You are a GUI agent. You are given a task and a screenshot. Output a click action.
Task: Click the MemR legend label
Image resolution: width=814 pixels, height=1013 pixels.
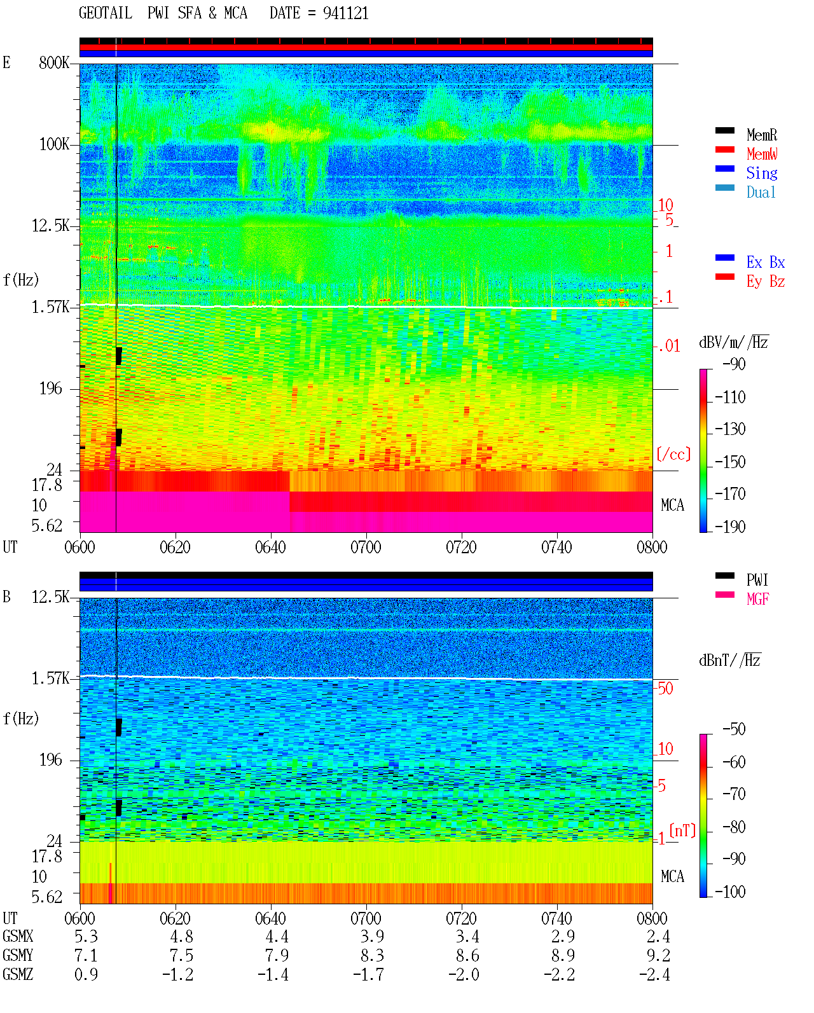761,135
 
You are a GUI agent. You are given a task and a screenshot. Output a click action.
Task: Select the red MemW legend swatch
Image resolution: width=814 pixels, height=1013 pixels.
724,149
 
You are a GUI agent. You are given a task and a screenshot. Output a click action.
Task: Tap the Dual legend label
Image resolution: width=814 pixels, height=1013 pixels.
761,192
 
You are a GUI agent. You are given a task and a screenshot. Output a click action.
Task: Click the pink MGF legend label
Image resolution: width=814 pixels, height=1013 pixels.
757,599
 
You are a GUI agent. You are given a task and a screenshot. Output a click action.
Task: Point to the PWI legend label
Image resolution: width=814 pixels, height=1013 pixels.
757,580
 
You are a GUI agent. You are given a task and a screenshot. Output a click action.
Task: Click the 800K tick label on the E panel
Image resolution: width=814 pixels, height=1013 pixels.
54,62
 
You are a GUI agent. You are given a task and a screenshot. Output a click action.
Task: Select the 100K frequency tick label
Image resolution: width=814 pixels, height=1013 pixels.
54,144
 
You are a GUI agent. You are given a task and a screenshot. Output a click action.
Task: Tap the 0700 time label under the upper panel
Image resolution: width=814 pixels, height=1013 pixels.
366,548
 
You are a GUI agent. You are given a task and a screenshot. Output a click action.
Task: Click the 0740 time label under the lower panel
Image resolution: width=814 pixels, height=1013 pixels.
556,918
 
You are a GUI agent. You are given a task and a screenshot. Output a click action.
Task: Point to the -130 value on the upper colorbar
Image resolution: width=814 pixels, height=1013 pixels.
730,429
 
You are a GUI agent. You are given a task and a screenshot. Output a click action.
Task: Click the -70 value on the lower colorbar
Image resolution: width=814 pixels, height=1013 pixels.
734,794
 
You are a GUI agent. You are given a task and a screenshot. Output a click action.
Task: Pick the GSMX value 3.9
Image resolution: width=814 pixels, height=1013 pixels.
372,937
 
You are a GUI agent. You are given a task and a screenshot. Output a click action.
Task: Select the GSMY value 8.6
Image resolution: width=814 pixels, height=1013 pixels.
467,956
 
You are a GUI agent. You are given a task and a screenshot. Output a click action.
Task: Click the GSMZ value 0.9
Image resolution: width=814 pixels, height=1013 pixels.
86,974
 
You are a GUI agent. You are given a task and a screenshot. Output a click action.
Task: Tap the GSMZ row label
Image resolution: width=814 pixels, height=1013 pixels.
18,974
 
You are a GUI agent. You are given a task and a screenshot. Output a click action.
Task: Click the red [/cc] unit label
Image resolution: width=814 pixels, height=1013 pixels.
673,454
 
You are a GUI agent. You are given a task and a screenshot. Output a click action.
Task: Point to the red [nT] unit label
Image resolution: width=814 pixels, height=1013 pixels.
682,830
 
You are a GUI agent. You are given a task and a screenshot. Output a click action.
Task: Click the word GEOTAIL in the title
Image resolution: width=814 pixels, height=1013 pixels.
106,13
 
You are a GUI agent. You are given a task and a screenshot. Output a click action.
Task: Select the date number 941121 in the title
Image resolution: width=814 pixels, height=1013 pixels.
345,13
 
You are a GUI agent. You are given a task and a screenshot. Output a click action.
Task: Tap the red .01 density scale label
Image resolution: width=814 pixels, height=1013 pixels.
668,347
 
